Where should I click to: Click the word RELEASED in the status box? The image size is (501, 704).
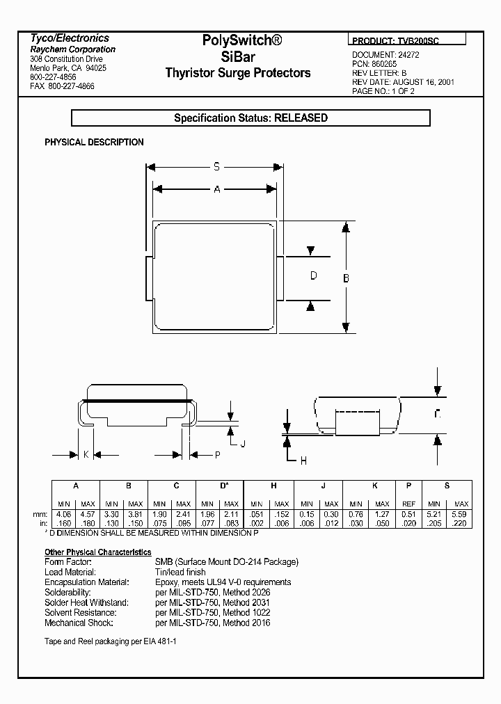(x=301, y=118)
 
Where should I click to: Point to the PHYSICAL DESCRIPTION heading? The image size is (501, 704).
(x=94, y=142)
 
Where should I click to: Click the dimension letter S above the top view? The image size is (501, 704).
(x=216, y=167)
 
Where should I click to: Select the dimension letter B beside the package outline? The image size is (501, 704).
(x=347, y=278)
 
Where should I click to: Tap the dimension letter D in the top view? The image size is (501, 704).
(x=313, y=276)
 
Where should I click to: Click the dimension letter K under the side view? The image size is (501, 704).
(x=86, y=454)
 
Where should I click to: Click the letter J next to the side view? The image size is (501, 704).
(x=242, y=443)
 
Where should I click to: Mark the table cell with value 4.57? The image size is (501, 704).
(x=88, y=513)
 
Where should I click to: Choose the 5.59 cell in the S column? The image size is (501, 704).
(x=461, y=513)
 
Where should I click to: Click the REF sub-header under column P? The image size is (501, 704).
(x=408, y=504)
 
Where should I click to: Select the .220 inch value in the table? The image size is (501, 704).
(x=461, y=522)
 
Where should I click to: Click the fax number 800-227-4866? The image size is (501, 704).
(x=72, y=86)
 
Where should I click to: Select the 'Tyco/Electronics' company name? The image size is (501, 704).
(x=70, y=38)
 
